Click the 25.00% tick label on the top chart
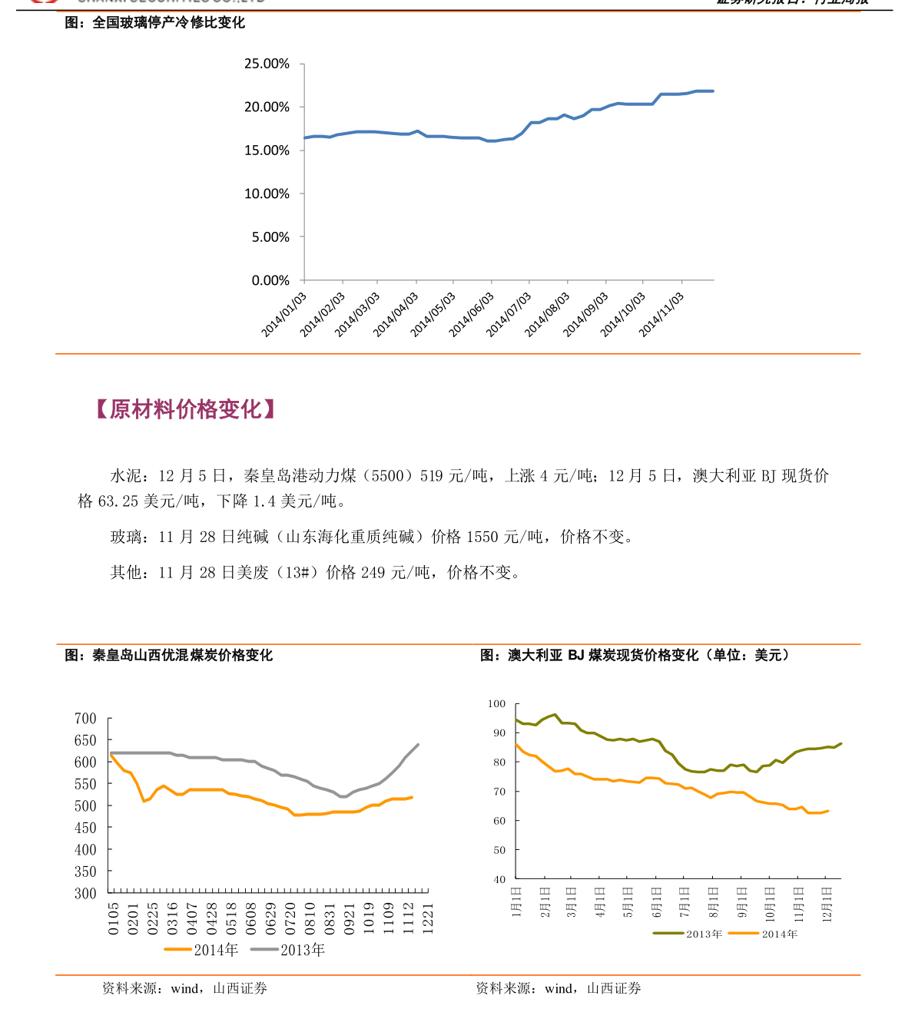pyautogui.click(x=267, y=64)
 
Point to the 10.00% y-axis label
pyautogui.click(x=267, y=193)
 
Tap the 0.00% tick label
pyautogui.click(x=270, y=280)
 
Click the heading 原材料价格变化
pyautogui.click(x=185, y=409)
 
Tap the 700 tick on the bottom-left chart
pyautogui.click(x=85, y=719)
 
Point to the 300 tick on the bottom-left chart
pyautogui.click(x=85, y=893)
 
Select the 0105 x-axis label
pyautogui.click(x=114, y=918)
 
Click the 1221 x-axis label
pyautogui.click(x=429, y=918)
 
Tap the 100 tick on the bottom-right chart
pyautogui.click(x=496, y=703)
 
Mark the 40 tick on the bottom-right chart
pyautogui.click(x=499, y=879)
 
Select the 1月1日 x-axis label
pyautogui.click(x=516, y=902)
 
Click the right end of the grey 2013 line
pyautogui.click(x=418, y=744)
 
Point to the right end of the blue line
pyautogui.click(x=713, y=91)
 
